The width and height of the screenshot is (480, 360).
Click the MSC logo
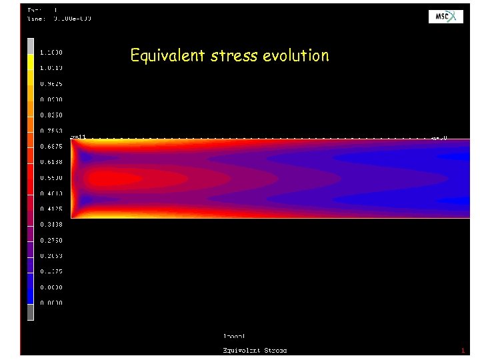tap(445, 17)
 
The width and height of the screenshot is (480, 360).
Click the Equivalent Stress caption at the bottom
tap(254, 350)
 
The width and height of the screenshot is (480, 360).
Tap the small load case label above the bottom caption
tap(234, 336)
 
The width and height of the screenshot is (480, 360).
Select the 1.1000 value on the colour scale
tap(51, 52)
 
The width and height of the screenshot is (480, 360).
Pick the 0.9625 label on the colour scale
tap(51, 83)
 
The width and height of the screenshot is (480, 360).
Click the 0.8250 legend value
tap(51, 115)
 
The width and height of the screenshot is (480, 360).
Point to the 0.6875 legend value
tap(51, 146)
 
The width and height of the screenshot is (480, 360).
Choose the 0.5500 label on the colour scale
tap(51, 177)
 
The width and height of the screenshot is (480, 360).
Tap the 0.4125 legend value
tap(51, 209)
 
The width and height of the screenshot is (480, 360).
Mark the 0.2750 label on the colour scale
tap(51, 240)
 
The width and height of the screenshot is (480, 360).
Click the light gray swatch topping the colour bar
tap(31, 45)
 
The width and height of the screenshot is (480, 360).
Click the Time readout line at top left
tap(59, 19)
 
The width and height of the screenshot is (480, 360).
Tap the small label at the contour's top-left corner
tap(78, 137)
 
